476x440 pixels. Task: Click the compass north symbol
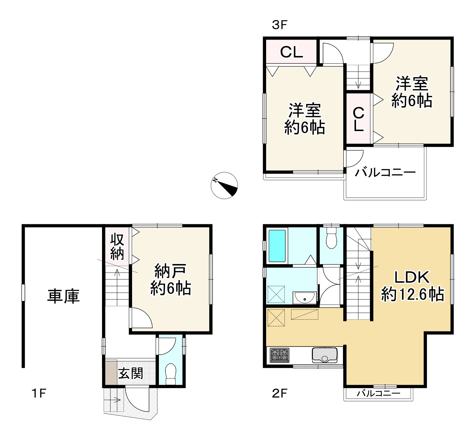224,185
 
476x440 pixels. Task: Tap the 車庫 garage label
63,296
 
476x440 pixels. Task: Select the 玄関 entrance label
131,373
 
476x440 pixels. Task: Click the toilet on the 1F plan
171,375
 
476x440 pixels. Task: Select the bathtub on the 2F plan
277,246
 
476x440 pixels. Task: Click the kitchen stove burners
280,355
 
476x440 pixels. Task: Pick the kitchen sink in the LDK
324,355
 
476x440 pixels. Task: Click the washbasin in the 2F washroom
305,298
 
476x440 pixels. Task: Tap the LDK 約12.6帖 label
412,286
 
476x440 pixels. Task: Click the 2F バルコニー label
378,393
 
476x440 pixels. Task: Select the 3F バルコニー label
385,172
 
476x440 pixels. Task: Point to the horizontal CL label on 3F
292,52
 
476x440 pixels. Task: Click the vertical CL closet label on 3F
359,119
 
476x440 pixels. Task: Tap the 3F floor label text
280,25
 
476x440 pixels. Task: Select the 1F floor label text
39,393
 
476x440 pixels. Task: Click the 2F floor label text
280,393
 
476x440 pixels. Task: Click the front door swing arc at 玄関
137,400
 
